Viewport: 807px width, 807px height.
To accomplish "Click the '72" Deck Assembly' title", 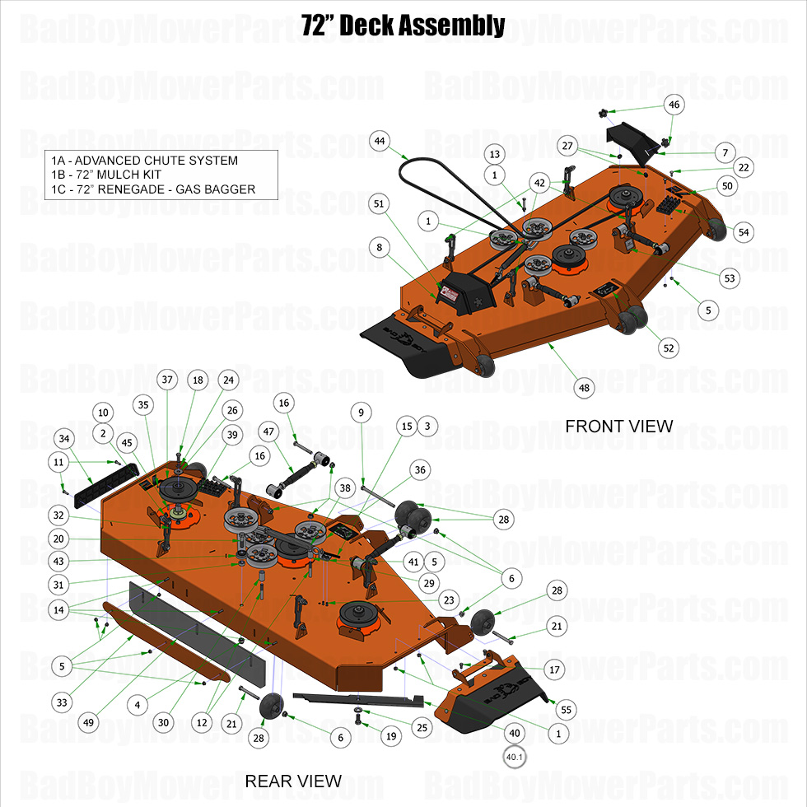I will point(403,26).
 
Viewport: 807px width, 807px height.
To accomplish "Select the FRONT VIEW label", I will point(618,426).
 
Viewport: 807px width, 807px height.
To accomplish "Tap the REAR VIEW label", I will point(293,780).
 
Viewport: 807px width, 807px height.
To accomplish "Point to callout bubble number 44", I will point(380,141).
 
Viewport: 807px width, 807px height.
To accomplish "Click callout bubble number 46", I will point(674,105).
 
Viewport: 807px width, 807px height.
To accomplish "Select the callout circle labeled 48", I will point(584,387).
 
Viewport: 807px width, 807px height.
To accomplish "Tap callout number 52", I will point(669,348).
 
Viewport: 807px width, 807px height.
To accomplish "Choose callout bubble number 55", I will point(566,708).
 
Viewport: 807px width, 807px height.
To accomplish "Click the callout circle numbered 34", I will point(64,437).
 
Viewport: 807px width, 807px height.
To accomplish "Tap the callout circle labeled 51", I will point(380,203).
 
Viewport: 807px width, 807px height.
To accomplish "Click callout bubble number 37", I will point(167,380).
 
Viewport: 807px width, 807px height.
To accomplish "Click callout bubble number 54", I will point(744,232).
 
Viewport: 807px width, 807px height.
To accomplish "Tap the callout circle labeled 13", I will point(494,154).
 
